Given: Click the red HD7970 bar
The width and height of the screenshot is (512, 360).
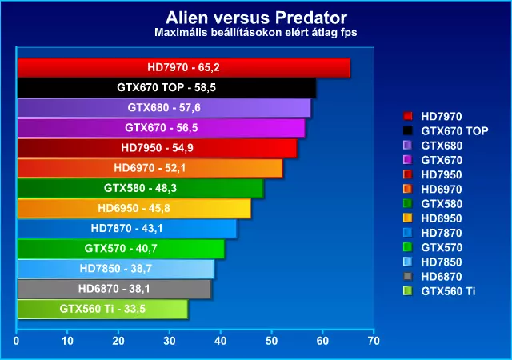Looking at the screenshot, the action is [184, 68].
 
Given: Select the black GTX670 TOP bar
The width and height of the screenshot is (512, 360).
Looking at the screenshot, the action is [166, 88].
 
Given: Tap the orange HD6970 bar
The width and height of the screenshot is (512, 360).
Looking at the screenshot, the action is [150, 168].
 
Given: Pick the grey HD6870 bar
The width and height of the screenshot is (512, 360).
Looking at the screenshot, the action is [114, 289].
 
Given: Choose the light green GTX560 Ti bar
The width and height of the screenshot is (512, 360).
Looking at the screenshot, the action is [102, 309].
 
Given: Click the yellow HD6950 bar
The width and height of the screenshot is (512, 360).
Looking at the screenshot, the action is [134, 209].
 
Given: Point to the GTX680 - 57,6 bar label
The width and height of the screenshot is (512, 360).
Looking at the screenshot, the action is [164, 107].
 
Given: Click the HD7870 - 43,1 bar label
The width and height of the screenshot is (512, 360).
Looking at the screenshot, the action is [126, 228].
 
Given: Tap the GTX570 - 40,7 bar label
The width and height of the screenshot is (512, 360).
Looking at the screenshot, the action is [121, 248].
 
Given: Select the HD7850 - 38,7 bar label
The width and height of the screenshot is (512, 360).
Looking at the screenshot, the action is [115, 269].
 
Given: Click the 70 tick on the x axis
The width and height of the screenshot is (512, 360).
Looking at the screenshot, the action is [374, 341].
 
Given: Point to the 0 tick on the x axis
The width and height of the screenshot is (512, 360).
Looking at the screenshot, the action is [16, 341].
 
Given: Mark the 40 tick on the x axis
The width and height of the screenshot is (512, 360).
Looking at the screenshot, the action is [221, 341].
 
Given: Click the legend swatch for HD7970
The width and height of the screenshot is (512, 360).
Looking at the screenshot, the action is [407, 116].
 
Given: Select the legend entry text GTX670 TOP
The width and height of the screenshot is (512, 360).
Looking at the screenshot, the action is [454, 131].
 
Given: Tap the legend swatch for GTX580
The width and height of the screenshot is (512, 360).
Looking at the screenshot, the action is [407, 203].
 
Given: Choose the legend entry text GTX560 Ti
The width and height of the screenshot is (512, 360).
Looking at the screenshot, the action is [448, 291].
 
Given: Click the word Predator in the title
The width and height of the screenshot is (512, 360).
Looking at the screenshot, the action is [310, 18].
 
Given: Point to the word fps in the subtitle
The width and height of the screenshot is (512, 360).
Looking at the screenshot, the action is [347, 33].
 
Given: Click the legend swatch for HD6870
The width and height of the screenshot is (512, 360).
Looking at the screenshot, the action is [407, 276].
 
